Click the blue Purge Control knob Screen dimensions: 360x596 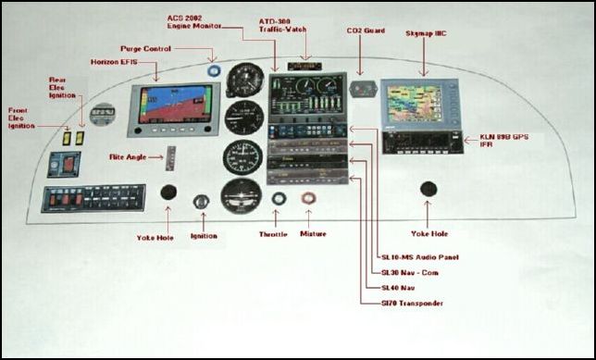[214, 68]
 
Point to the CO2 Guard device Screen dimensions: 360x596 [365, 89]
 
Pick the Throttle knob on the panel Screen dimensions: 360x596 [279, 199]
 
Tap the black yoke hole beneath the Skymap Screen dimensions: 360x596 [428, 189]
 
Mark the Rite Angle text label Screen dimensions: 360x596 [130, 157]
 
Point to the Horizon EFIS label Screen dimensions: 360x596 [117, 61]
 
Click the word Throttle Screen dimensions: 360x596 [273, 235]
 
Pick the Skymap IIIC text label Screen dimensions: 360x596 [426, 33]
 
